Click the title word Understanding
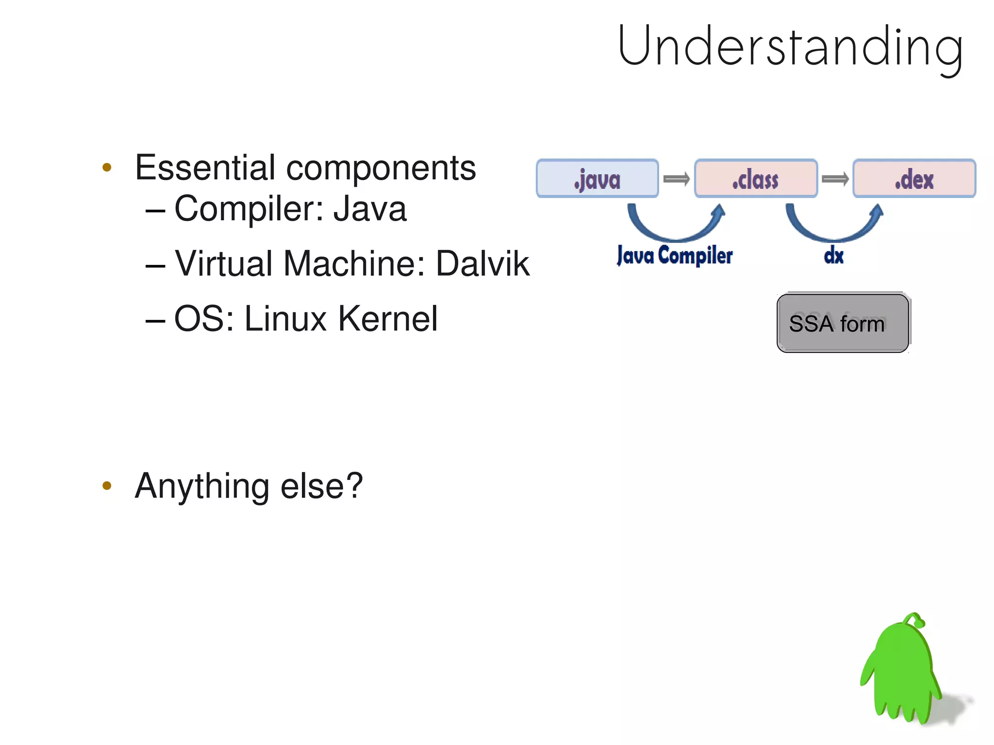790,47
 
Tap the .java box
597,179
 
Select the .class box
756,179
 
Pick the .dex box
914,179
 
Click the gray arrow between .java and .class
676,179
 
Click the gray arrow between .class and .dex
835,179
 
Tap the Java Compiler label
675,255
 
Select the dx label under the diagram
833,256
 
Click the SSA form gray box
842,323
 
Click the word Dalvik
482,264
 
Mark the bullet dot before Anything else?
107,485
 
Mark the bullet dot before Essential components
107,168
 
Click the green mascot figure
902,675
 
